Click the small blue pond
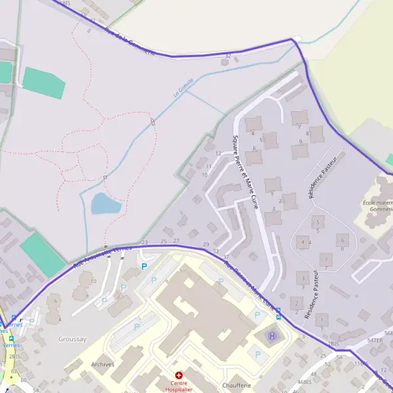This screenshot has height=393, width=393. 105,204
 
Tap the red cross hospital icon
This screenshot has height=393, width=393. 178,375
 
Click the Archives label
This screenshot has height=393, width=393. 103,364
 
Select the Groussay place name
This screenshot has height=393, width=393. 72,339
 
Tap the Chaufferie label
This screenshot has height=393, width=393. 236,385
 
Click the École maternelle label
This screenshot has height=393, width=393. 379,206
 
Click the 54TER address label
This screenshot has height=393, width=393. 375,341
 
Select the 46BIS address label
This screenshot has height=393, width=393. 304,381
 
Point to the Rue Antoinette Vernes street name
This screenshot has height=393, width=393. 98,257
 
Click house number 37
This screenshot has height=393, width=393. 225,257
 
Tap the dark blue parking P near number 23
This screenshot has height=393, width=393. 144,267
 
